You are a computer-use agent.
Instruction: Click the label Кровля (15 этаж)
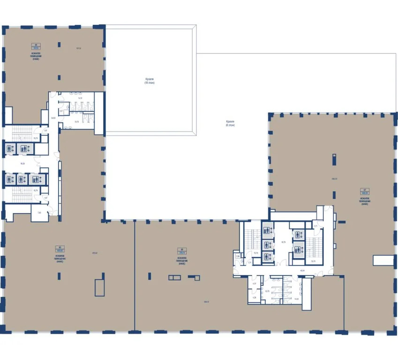150,81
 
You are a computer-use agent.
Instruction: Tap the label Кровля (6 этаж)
230,124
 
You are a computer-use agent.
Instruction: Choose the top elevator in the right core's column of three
266,230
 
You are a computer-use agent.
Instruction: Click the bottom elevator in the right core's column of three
266,256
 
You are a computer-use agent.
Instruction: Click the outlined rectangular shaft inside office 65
99,287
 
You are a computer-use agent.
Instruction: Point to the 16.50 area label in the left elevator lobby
22,164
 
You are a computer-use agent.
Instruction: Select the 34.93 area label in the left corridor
53,118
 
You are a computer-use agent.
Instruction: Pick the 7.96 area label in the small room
40,213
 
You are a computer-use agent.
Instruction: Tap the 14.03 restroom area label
296,299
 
